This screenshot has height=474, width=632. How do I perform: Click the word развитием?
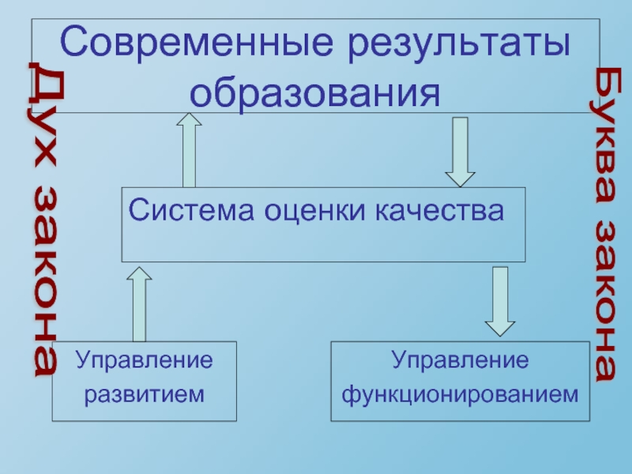pos(145,392)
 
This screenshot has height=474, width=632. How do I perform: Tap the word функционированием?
pos(460,392)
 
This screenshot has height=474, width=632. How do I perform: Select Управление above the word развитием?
pos(145,362)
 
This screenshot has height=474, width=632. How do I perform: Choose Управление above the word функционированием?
pos(460,362)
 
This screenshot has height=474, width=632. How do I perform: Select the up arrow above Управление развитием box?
pos(139,303)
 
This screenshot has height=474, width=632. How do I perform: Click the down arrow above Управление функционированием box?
pos(498,301)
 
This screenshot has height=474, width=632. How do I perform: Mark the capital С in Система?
pos(137,211)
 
